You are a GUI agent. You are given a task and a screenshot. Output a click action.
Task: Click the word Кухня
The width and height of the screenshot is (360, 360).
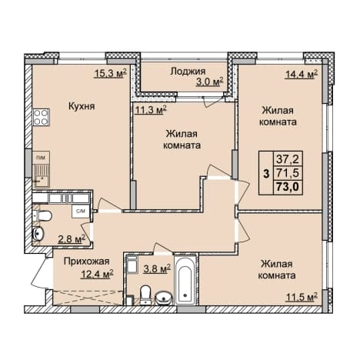click(x=82, y=106)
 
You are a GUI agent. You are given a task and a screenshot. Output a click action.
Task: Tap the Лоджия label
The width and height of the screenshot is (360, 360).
click(x=188, y=72)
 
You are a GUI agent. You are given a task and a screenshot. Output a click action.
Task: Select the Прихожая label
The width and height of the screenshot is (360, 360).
click(x=86, y=262)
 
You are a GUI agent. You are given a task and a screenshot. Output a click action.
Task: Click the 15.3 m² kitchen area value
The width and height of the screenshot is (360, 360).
click(x=111, y=74)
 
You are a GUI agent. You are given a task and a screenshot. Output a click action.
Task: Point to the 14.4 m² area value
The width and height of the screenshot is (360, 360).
click(x=302, y=74)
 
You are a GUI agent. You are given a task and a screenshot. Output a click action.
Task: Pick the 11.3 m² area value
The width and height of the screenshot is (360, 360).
click(x=151, y=110)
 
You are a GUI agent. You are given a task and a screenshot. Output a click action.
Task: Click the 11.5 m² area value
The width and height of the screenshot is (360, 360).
click(x=302, y=297)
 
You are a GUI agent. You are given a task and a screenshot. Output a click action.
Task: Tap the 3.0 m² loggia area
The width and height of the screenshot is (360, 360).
click(x=210, y=82)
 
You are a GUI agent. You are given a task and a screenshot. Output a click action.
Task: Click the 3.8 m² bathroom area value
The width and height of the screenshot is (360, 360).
click(x=157, y=269)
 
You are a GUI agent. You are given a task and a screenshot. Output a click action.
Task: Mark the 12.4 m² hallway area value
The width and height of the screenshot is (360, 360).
click(x=97, y=275)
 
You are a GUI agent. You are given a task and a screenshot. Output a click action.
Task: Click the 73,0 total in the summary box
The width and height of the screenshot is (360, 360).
click(x=288, y=186)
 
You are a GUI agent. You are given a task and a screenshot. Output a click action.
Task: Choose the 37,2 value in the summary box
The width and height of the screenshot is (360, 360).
click(x=288, y=160)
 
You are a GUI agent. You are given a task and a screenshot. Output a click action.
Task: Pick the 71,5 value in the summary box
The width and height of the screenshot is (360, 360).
click(x=288, y=173)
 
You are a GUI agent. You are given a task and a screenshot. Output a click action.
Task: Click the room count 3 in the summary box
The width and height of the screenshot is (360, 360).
click(x=267, y=174)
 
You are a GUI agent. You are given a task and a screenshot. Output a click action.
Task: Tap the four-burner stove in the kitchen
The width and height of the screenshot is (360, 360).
click(x=41, y=117)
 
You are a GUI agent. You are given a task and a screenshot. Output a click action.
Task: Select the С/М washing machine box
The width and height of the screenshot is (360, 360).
click(x=81, y=212)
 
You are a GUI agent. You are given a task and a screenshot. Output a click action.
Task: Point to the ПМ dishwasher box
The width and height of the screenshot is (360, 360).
click(x=41, y=158)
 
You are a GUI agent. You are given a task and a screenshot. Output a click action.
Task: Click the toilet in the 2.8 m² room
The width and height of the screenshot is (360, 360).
click(x=43, y=216)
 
